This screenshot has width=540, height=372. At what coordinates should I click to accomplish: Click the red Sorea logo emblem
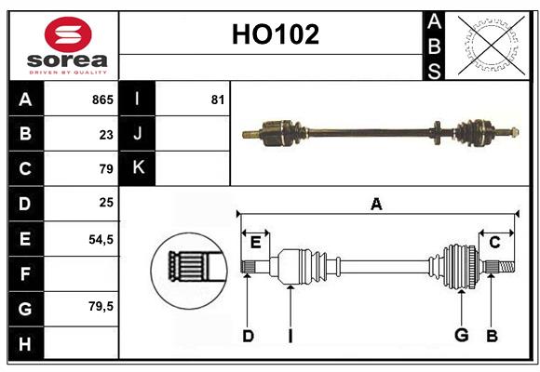click(68, 36)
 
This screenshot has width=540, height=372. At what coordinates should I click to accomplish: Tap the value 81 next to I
click(217, 100)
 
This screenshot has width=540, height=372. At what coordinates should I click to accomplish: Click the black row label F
click(25, 273)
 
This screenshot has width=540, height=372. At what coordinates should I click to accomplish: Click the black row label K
click(138, 168)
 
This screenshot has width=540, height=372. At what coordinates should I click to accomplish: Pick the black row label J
click(138, 134)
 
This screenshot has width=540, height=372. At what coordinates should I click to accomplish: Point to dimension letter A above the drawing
click(376, 204)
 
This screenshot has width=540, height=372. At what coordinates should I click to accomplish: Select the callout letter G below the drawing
click(460, 336)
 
